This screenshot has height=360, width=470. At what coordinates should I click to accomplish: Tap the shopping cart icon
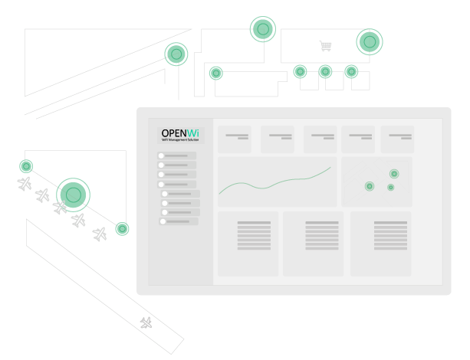(x=325, y=46)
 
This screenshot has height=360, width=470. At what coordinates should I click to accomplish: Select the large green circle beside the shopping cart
(x=370, y=41)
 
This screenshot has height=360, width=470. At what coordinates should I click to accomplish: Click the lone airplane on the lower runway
(x=146, y=322)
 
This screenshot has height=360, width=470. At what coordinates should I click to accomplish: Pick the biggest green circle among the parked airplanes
(x=74, y=195)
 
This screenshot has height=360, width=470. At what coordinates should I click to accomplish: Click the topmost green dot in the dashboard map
(x=394, y=174)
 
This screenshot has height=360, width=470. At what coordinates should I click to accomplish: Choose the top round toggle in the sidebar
(x=162, y=156)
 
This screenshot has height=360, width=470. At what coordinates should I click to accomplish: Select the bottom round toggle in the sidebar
(x=163, y=221)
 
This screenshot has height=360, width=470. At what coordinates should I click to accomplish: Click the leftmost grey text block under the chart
(x=254, y=235)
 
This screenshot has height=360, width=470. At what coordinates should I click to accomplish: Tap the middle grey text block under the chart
(x=322, y=235)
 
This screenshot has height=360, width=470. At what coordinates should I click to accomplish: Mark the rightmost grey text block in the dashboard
(x=390, y=235)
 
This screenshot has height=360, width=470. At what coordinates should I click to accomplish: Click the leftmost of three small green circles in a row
(x=300, y=71)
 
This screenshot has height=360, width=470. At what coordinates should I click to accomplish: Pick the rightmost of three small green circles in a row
(x=351, y=71)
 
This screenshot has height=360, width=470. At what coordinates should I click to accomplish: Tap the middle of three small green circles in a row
(x=325, y=71)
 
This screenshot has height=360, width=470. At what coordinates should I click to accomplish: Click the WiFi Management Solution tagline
(x=180, y=140)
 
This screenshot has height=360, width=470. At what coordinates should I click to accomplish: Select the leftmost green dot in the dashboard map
(x=369, y=186)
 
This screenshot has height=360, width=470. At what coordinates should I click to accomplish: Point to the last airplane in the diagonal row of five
(x=100, y=234)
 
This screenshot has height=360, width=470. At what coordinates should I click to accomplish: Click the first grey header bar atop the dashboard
(x=237, y=136)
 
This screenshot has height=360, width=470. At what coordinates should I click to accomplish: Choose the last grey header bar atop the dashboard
(x=400, y=136)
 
